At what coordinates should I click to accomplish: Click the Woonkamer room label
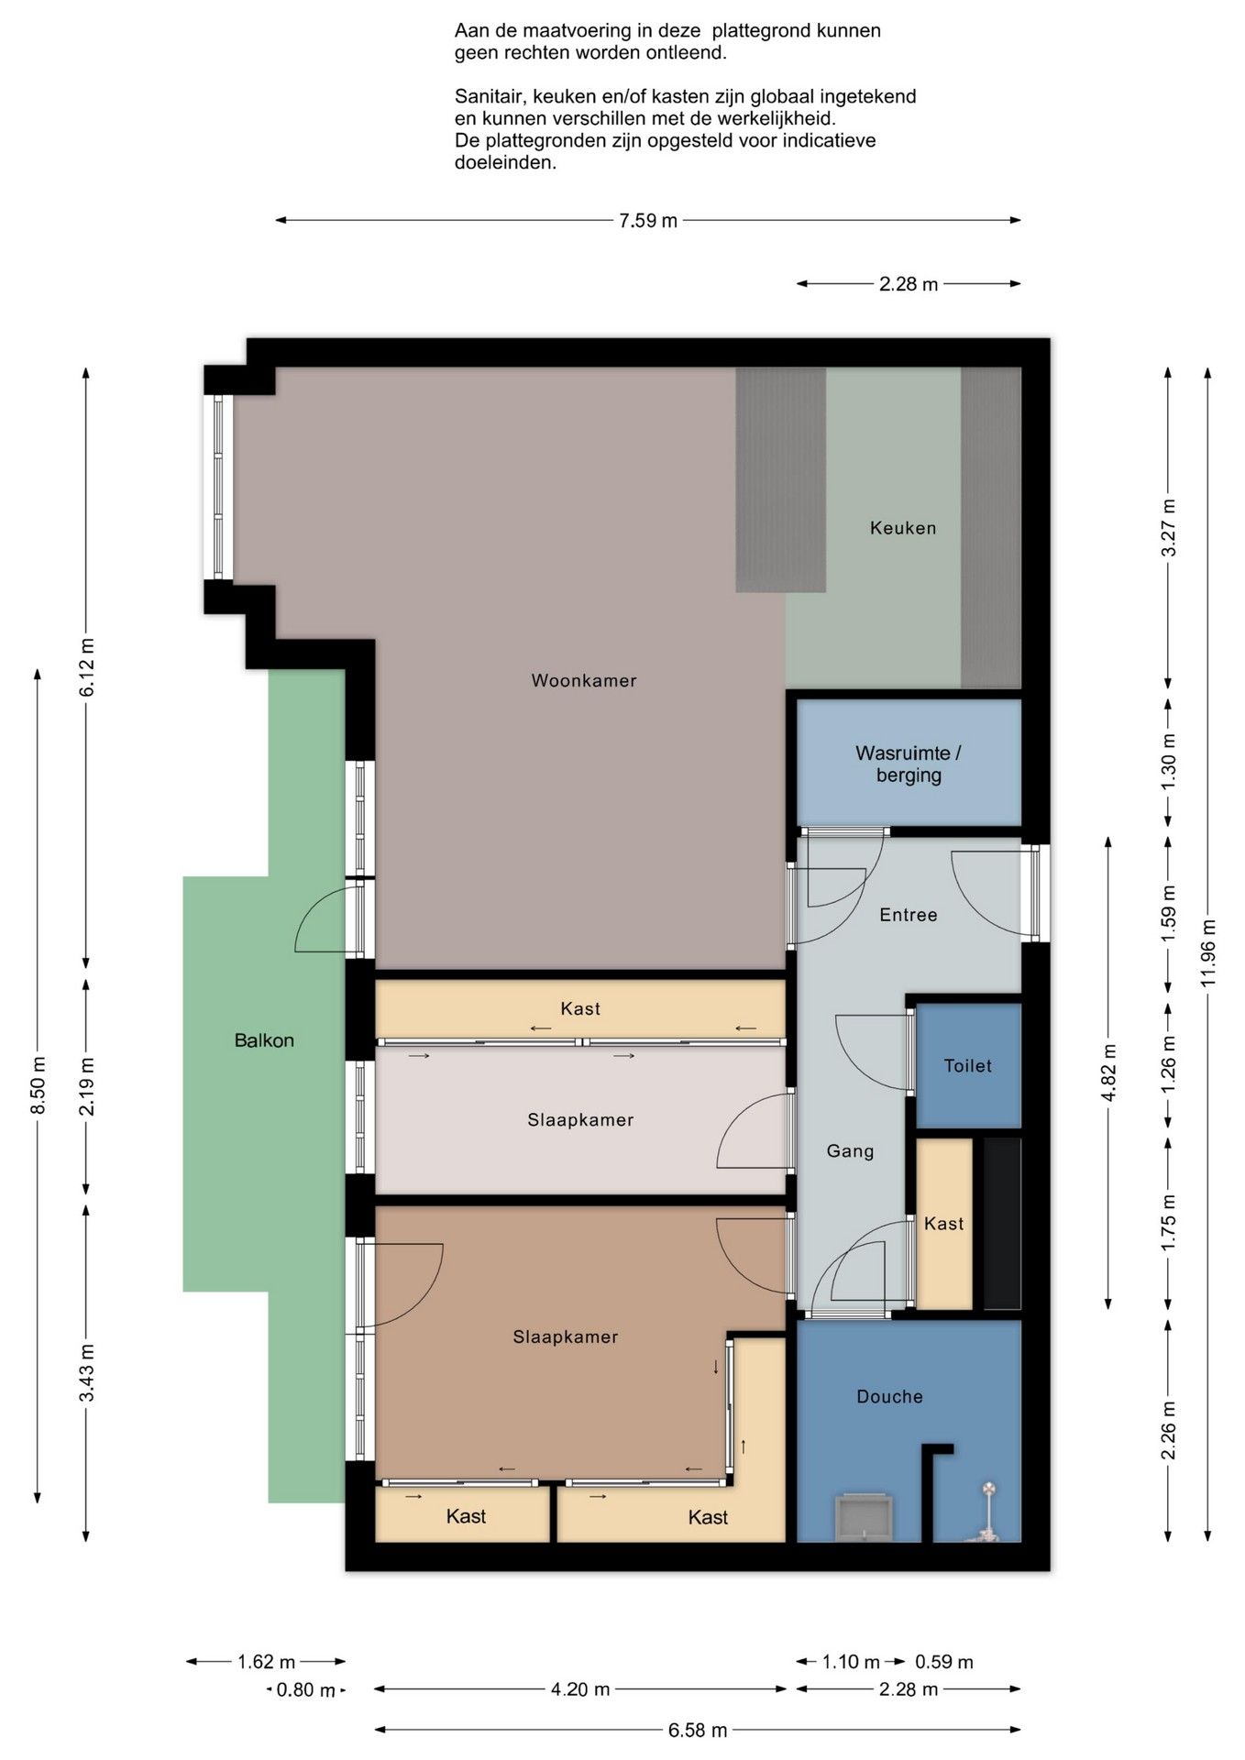[583, 680]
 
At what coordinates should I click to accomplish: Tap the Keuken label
[903, 528]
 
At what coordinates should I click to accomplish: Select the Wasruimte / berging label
[908, 764]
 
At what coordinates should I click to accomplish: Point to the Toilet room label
[968, 1065]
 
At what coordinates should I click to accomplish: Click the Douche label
[889, 1396]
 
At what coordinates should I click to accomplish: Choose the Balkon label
[264, 1040]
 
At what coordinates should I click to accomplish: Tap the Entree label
[909, 915]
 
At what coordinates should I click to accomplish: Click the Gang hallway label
[850, 1151]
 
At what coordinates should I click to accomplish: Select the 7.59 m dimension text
[648, 221]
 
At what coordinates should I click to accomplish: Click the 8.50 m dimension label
[39, 1085]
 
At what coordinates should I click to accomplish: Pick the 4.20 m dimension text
[580, 1689]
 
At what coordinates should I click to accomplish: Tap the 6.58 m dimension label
[698, 1731]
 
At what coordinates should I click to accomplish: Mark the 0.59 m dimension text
[944, 1662]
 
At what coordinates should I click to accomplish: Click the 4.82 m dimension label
[1109, 1073]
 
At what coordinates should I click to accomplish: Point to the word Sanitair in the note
[489, 96]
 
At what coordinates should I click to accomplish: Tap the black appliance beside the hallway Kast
[1002, 1223]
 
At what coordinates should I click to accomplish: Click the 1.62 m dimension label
[267, 1662]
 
